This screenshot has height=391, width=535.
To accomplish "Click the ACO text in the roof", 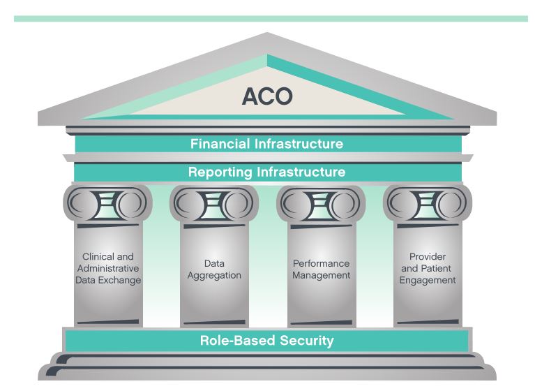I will pos(266,97).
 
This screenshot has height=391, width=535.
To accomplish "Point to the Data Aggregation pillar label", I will pos(213,270).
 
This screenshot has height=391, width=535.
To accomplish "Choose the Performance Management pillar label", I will pos(320,270).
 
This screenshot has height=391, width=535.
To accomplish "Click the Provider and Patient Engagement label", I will pos(428,269).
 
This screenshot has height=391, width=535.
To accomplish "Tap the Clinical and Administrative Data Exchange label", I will pos(107,269).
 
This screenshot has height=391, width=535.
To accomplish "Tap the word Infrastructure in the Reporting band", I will pos(303,172).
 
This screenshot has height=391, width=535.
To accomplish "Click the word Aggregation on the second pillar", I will pos(213,275).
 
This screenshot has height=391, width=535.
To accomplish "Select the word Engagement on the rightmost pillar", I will pos(428,280).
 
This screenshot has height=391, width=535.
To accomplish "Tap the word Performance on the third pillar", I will pos(320,263).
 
